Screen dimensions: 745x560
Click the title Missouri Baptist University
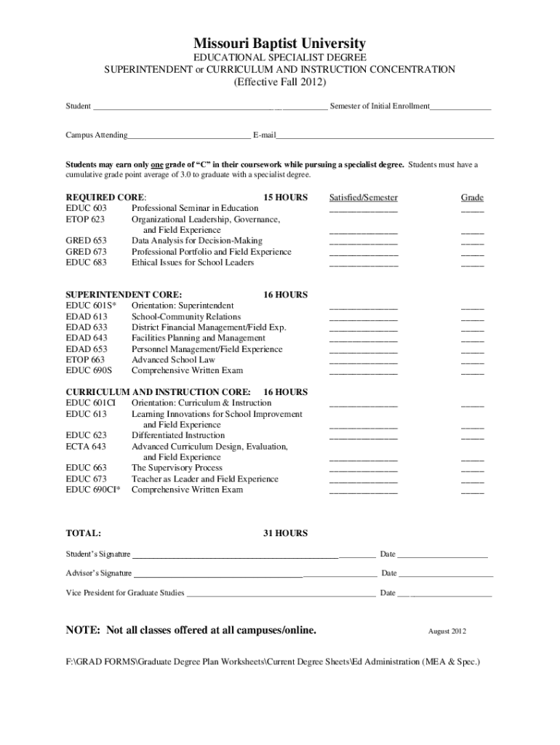pos(280,44)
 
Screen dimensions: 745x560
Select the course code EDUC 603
pos(86,209)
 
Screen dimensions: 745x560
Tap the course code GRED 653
pos(86,241)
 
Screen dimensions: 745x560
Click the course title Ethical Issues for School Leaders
pos(193,263)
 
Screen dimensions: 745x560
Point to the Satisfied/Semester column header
pos(363,198)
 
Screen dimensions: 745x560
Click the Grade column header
pos(472,198)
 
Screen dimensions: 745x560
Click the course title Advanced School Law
pos(173,360)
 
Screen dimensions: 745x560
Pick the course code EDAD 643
pos(86,338)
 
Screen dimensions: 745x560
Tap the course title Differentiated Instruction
pos(178,436)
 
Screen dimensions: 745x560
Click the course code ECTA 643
pos(86,447)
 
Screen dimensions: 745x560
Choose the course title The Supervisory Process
pos(177,468)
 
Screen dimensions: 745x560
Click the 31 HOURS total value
pos(285,533)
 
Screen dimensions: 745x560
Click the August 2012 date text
pos(447,631)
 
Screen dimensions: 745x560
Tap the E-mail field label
pos(264,135)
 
